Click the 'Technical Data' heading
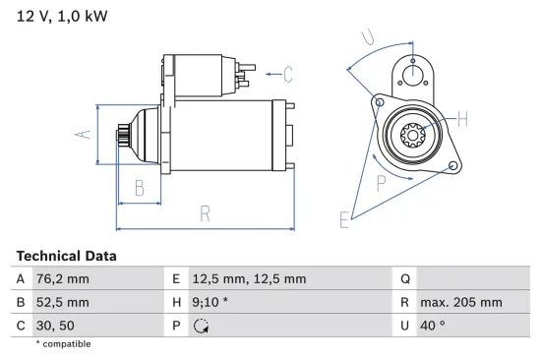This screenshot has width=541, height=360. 66,256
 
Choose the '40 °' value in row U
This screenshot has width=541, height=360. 435,326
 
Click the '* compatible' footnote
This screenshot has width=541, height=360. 63,344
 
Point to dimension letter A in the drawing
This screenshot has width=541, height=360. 85,134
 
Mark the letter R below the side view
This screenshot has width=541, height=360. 204,212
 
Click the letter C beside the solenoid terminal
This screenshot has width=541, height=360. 288,73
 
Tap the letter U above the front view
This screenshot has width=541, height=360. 367,37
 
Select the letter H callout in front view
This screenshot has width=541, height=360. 462,120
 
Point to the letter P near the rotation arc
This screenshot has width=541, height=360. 380,180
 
